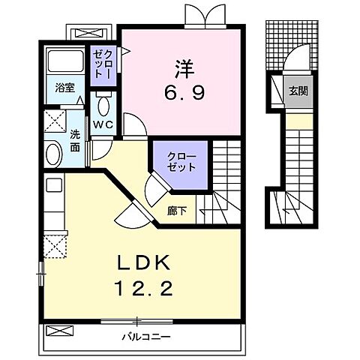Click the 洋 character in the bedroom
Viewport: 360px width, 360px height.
pyautogui.click(x=184, y=68)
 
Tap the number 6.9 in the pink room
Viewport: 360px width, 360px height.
pyautogui.click(x=184, y=92)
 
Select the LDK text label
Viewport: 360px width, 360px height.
pyautogui.click(x=145, y=263)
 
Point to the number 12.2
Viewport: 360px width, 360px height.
pyautogui.click(x=143, y=288)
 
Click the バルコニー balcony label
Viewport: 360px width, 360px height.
pyautogui.click(x=146, y=337)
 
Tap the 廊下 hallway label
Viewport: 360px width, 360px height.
pyautogui.click(x=177, y=211)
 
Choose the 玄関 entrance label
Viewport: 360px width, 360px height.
pyautogui.click(x=298, y=91)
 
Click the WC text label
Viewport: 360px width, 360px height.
pyautogui.click(x=103, y=124)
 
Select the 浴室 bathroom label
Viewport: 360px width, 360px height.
pyautogui.click(x=65, y=88)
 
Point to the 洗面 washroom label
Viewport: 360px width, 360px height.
pyautogui.click(x=75, y=141)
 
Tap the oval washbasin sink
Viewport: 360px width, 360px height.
pyautogui.click(x=54, y=154)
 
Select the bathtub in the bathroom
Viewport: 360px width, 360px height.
pyautogui.click(x=65, y=61)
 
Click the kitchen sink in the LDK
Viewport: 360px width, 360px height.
pyautogui.click(x=54, y=184)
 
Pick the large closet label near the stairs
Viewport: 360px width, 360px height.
pyautogui.click(x=181, y=162)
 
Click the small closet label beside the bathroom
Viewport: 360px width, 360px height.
pyautogui.click(x=103, y=64)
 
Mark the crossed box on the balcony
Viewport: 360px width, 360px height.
pyautogui.click(x=60, y=331)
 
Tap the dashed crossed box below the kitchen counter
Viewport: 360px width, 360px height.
pyautogui.click(x=55, y=247)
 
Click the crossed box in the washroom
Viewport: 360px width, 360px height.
pyautogui.click(x=55, y=121)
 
